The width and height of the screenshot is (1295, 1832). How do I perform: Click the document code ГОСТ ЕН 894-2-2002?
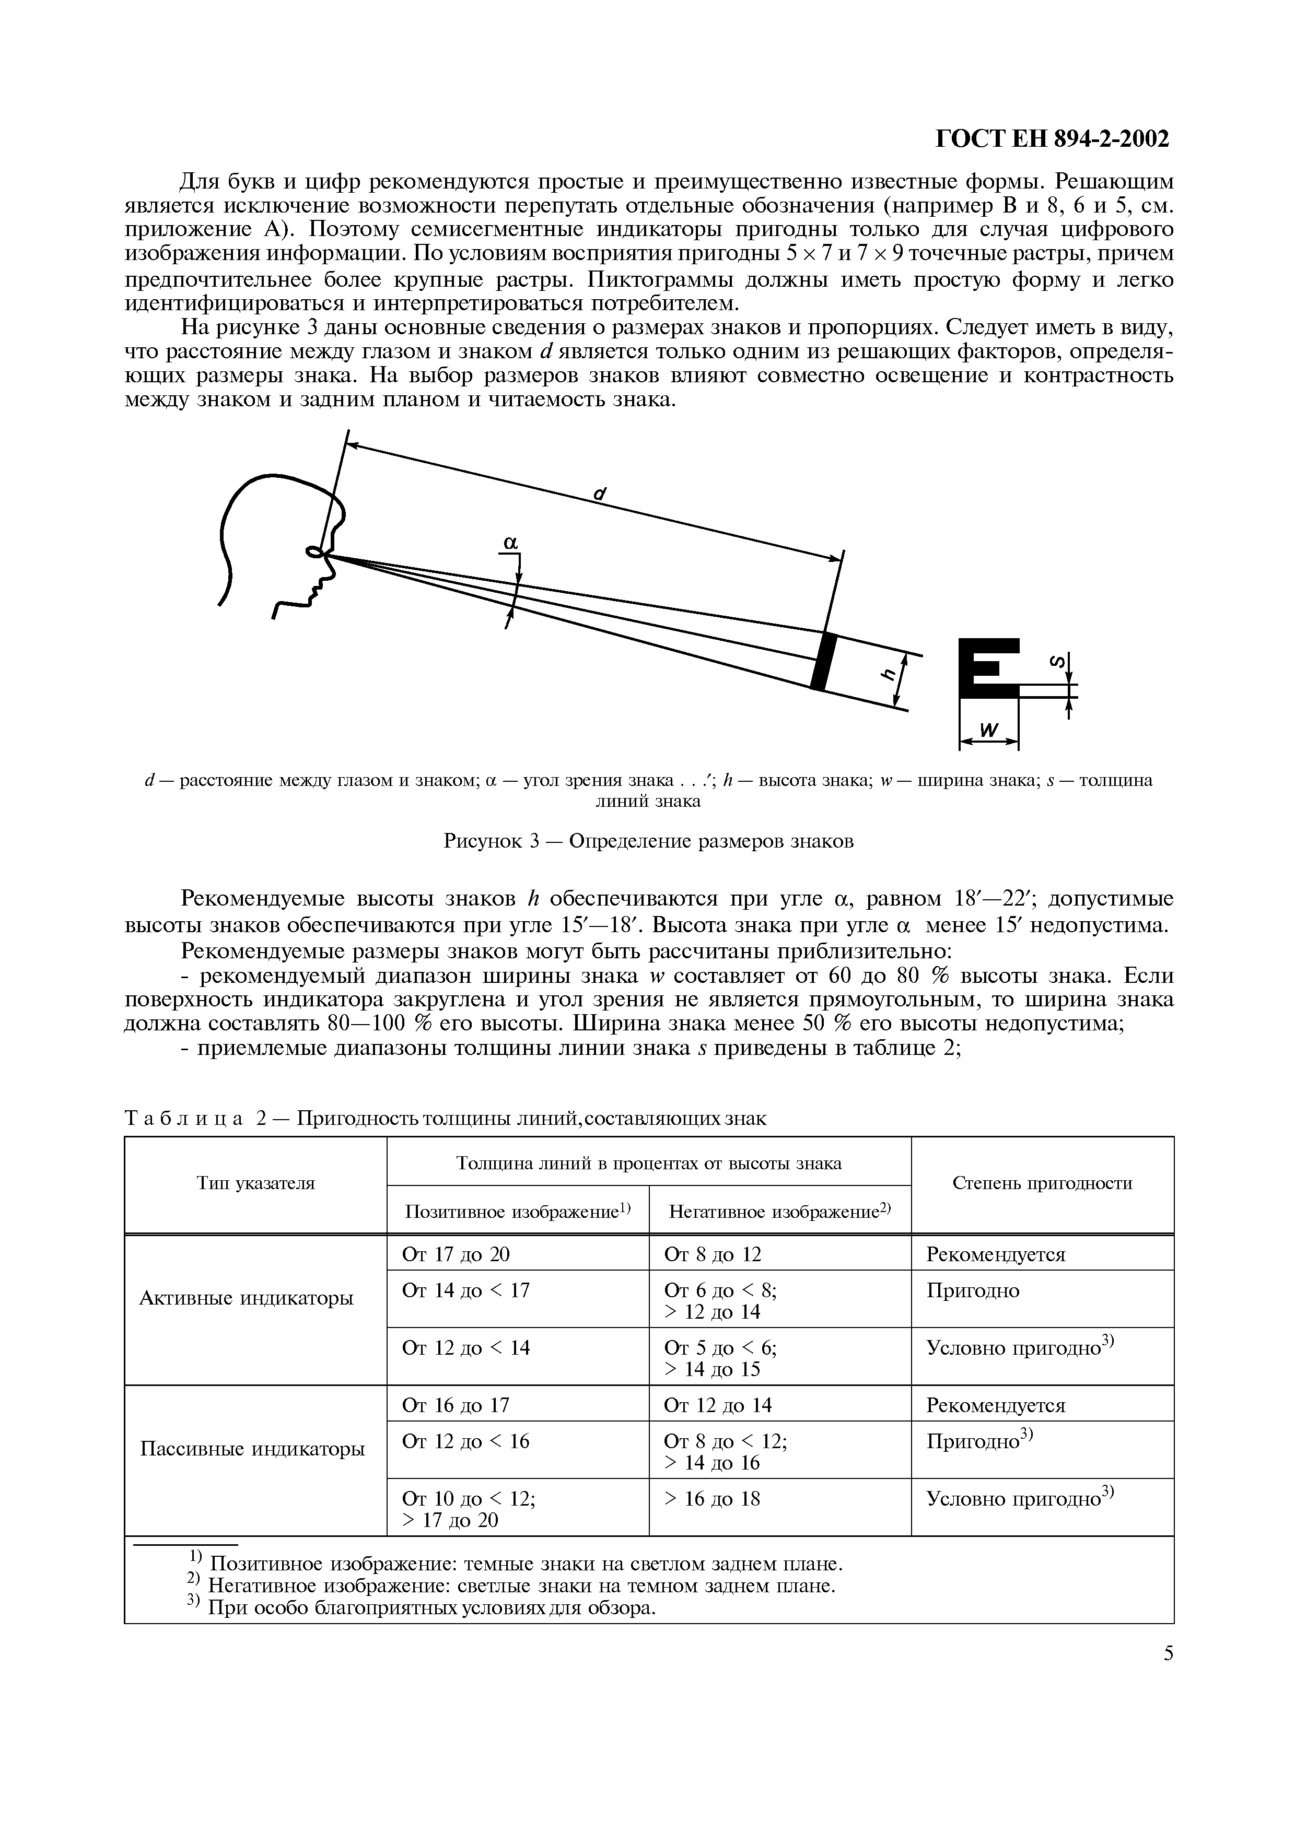1051,139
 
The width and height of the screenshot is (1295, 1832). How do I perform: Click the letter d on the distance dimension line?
600,494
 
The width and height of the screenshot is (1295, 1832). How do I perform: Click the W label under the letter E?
988,729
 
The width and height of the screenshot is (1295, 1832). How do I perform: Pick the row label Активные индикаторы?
246,1298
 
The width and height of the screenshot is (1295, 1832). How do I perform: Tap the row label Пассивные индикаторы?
252,1448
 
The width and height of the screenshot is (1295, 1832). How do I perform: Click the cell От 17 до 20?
456,1254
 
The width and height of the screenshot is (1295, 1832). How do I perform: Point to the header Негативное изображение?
778,1213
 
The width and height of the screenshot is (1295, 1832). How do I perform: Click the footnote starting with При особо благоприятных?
431,1608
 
